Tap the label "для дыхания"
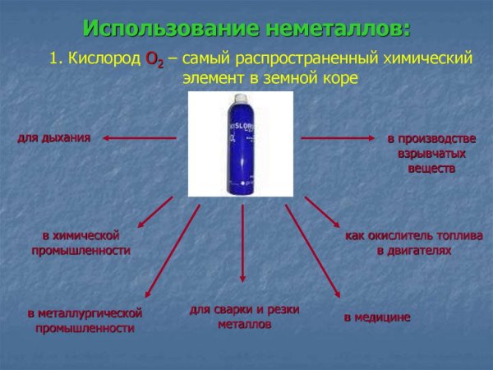[54, 137]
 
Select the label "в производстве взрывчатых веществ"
[431, 154]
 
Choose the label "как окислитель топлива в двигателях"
[413, 243]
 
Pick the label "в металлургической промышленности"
[85, 320]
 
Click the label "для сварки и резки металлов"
[244, 317]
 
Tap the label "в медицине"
[376, 317]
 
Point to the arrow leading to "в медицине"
[312, 251]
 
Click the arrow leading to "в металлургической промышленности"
[173, 251]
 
